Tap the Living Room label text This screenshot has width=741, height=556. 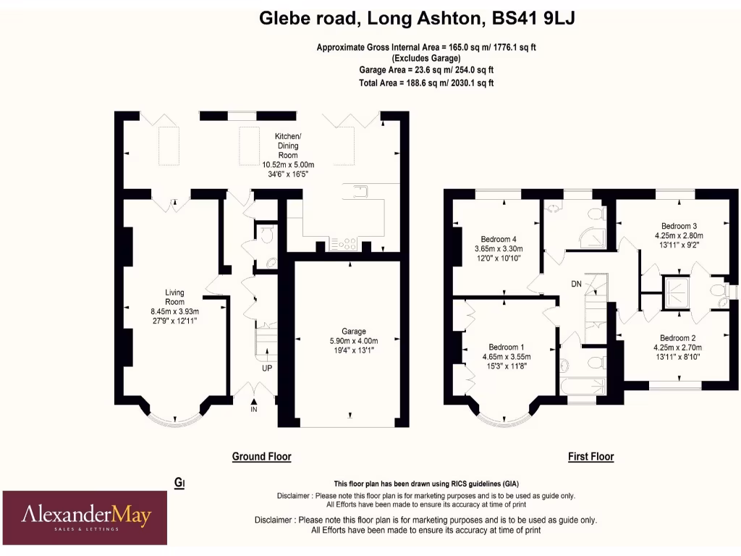click(174, 297)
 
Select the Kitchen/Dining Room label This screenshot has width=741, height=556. click(288, 146)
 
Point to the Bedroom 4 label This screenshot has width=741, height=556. click(499, 240)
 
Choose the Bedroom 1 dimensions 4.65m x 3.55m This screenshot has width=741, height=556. click(507, 356)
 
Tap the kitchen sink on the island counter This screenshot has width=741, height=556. click(360, 191)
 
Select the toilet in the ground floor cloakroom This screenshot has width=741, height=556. click(266, 234)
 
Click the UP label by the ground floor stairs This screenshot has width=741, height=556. click(266, 368)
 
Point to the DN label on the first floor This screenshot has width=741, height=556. click(576, 284)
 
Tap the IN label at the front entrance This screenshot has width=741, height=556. click(254, 410)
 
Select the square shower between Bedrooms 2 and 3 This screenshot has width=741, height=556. click(678, 292)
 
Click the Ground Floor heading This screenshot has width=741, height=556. click(261, 457)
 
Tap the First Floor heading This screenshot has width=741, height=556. click(590, 457)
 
